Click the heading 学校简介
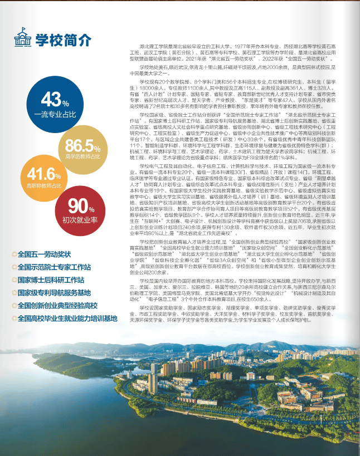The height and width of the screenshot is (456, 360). (63, 40)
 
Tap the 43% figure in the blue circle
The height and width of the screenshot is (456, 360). (55, 100)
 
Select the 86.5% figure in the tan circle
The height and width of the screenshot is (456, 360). (83, 146)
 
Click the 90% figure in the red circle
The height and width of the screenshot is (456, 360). (81, 205)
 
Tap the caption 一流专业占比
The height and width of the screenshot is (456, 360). (55, 114)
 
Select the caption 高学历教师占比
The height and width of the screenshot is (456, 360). (83, 158)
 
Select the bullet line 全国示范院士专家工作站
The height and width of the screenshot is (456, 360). (55, 267)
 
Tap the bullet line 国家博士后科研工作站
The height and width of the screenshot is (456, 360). (51, 280)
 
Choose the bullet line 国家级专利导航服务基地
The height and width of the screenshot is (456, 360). (55, 292)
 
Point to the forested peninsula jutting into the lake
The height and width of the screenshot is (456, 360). (72, 365)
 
